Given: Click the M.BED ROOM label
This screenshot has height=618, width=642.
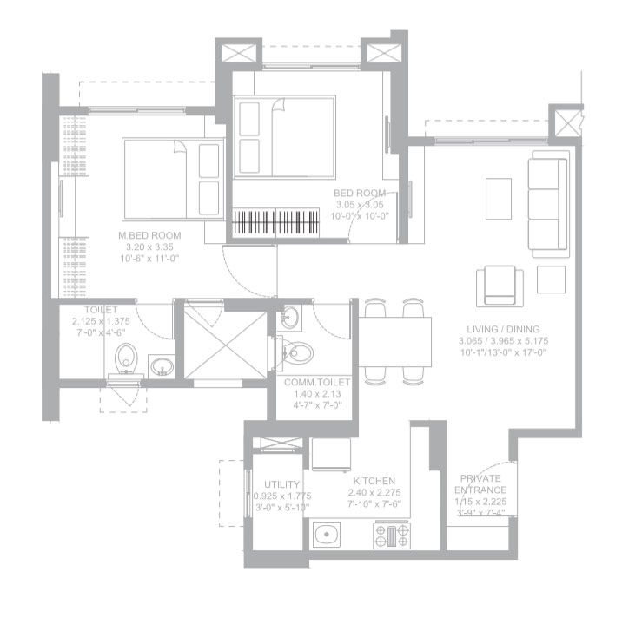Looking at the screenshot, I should (x=149, y=235).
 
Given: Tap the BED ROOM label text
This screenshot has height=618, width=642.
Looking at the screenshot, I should (x=360, y=193).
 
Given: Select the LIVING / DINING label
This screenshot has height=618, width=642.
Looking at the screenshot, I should (x=502, y=329).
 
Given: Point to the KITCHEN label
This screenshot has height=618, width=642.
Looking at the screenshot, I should (x=374, y=481).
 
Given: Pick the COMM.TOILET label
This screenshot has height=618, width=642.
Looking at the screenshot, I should (x=317, y=382).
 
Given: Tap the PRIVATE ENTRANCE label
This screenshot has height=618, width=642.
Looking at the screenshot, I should (x=480, y=484).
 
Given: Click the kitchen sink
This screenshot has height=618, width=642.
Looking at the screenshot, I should (x=328, y=535).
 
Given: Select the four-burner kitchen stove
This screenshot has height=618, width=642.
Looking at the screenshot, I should (x=391, y=535).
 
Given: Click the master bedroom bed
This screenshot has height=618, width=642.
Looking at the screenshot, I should (x=171, y=178).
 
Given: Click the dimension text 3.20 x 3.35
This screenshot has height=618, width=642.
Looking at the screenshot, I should (x=149, y=247).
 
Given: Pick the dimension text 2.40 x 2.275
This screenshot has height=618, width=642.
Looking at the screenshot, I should (x=374, y=493).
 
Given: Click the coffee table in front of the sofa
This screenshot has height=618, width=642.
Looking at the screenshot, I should (x=498, y=199).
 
